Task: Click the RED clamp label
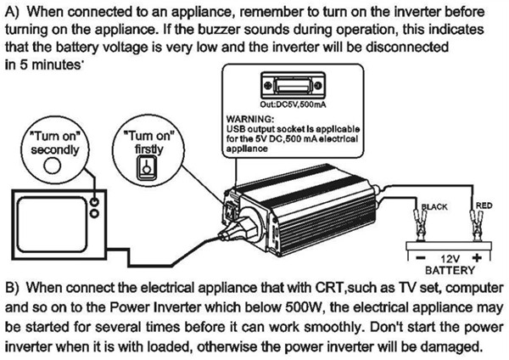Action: point(484,205)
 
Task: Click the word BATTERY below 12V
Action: point(448,269)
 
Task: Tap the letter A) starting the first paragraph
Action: point(13,13)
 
